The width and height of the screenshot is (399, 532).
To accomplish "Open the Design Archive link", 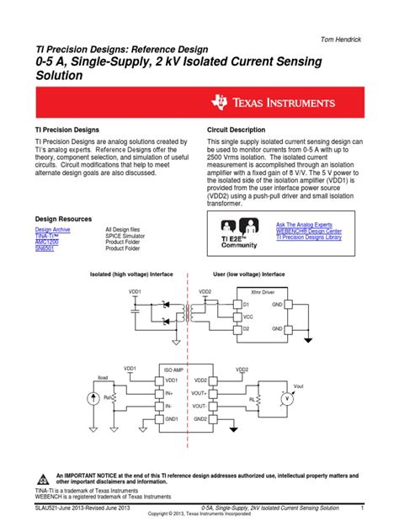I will tap(53, 229).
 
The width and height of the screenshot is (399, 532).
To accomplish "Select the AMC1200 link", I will tap(47, 242).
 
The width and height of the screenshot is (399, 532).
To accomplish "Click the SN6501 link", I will tap(45, 248).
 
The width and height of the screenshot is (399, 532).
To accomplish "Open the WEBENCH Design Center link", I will tap(309, 231).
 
